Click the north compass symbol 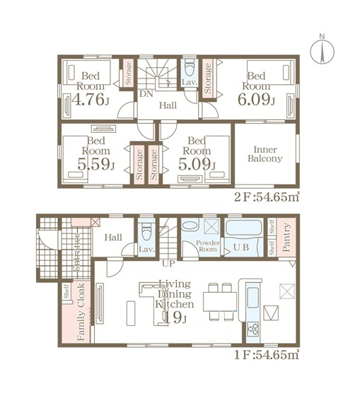[x=322, y=49]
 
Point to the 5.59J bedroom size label [x=91, y=166]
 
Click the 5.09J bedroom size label [x=194, y=166]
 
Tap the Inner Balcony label [x=265, y=153]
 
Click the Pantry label [x=286, y=237]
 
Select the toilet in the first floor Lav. [x=146, y=230]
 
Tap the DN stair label [x=146, y=93]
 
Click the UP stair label [x=169, y=263]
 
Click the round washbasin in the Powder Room [x=189, y=227]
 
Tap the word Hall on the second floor [x=168, y=106]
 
